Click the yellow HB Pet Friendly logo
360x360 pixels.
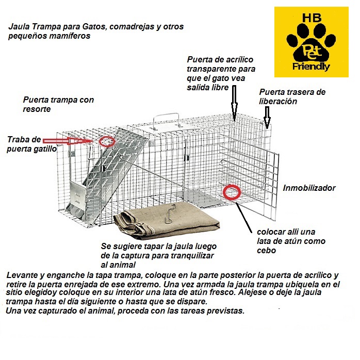click(x=311, y=42)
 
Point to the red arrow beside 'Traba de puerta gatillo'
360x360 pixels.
click(x=68, y=141)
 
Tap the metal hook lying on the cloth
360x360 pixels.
click(x=170, y=214)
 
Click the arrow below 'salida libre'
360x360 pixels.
click(x=234, y=103)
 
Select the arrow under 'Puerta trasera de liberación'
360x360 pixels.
click(x=267, y=118)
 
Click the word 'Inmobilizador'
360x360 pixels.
click(x=309, y=188)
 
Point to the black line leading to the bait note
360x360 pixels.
click(x=244, y=218)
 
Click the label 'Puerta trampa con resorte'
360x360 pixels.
click(x=58, y=104)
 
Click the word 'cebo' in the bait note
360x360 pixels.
click(x=266, y=251)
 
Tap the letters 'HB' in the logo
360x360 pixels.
click(x=312, y=18)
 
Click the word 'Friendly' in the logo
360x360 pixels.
click(x=311, y=67)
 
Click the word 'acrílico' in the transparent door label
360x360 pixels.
click(x=239, y=60)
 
